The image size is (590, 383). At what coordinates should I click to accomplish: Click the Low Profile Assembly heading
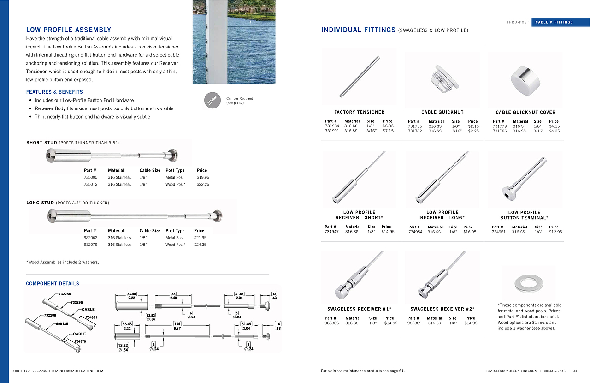pos(69,30)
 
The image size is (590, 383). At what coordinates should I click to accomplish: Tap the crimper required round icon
pos(212,101)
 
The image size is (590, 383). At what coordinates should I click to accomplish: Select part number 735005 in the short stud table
pos(90,177)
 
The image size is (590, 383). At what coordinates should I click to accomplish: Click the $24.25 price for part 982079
pos(201,245)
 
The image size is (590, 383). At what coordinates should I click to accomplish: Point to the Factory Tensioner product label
pos(359,112)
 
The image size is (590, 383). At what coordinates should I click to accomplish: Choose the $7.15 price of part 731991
pos(388,131)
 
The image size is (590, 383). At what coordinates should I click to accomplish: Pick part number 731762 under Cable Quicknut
pos(415,131)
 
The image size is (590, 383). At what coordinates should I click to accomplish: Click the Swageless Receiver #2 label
pos(442,309)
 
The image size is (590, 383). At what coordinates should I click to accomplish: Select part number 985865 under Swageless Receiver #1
pos(332,323)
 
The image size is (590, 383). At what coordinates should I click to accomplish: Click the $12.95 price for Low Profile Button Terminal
pos(555,232)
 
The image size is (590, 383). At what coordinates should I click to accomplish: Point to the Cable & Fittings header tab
pos(560,22)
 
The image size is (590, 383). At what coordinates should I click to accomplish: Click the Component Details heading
pos(53,284)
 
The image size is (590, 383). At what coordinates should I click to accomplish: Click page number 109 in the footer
pos(574,371)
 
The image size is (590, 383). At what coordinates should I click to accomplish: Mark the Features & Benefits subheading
pos(54,92)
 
